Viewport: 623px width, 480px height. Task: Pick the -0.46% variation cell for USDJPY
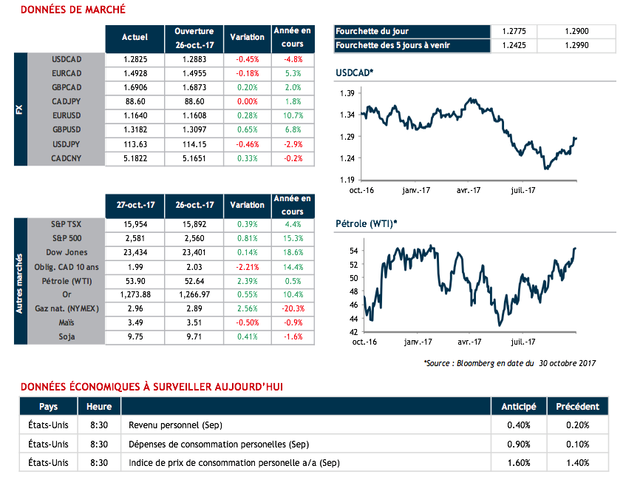pyautogui.click(x=247, y=144)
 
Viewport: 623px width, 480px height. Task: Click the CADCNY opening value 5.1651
pyautogui.click(x=194, y=158)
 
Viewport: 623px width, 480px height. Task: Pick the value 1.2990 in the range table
pyautogui.click(x=576, y=45)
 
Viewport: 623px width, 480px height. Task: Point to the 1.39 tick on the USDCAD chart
pyautogui.click(x=347, y=93)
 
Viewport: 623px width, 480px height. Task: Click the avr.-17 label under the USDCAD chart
pyautogui.click(x=469, y=189)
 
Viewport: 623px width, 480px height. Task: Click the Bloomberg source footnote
pyautogui.click(x=511, y=363)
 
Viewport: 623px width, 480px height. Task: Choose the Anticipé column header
pyautogui.click(x=519, y=406)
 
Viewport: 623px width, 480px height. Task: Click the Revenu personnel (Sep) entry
pyautogui.click(x=175, y=425)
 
